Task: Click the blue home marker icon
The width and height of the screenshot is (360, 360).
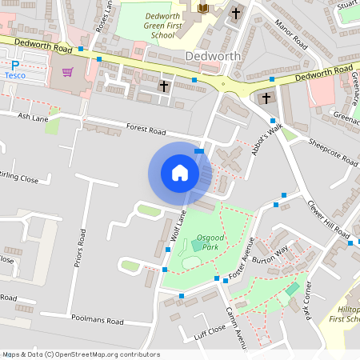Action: point(180,172)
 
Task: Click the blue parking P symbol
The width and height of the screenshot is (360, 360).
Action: point(14,64)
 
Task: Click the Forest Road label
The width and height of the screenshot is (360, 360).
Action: point(146,130)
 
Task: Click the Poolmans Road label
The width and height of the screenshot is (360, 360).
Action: point(96,320)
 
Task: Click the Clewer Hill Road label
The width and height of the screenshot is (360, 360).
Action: point(330,218)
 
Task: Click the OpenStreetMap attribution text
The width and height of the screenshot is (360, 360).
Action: point(80,354)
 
